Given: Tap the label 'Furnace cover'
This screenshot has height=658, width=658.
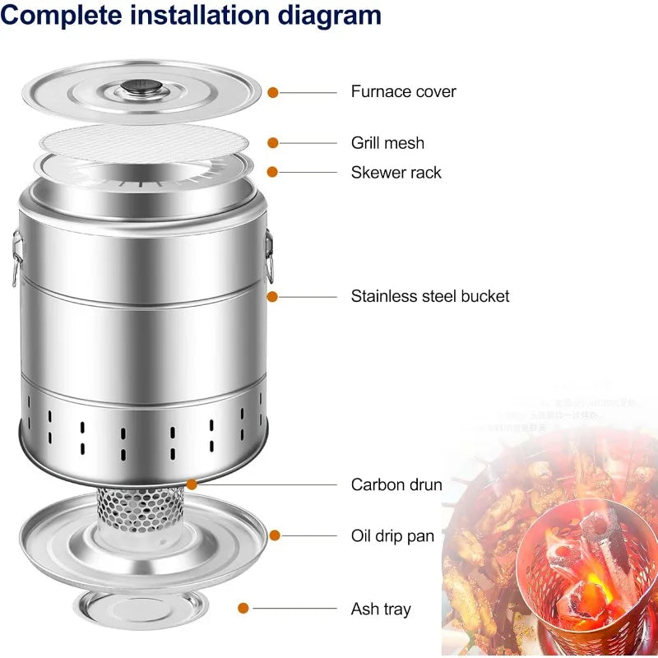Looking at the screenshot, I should pyautogui.click(x=403, y=91).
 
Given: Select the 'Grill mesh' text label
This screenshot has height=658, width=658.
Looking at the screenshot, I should pyautogui.click(x=387, y=142).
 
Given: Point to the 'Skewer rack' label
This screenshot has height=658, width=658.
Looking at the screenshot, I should pyautogui.click(x=396, y=172).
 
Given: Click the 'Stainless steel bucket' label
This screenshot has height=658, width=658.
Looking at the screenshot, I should pyautogui.click(x=430, y=296).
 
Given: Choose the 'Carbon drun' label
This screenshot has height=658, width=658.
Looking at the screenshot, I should pyautogui.click(x=396, y=484).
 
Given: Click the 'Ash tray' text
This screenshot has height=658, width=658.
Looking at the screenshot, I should pyautogui.click(x=381, y=609).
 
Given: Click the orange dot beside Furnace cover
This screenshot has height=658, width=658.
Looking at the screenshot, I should pyautogui.click(x=273, y=93).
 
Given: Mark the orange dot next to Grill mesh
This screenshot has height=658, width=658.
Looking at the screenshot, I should pyautogui.click(x=273, y=143).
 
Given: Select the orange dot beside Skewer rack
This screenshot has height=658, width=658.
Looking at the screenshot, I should pyautogui.click(x=273, y=172).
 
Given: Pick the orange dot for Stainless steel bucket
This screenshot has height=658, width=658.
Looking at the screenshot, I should pyautogui.click(x=273, y=296).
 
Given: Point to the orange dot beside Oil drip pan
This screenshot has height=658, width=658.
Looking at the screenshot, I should pyautogui.click(x=275, y=535).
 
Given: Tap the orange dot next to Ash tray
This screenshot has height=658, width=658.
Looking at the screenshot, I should pyautogui.click(x=243, y=609).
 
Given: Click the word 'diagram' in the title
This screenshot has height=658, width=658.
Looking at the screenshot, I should pyautogui.click(x=317, y=15).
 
